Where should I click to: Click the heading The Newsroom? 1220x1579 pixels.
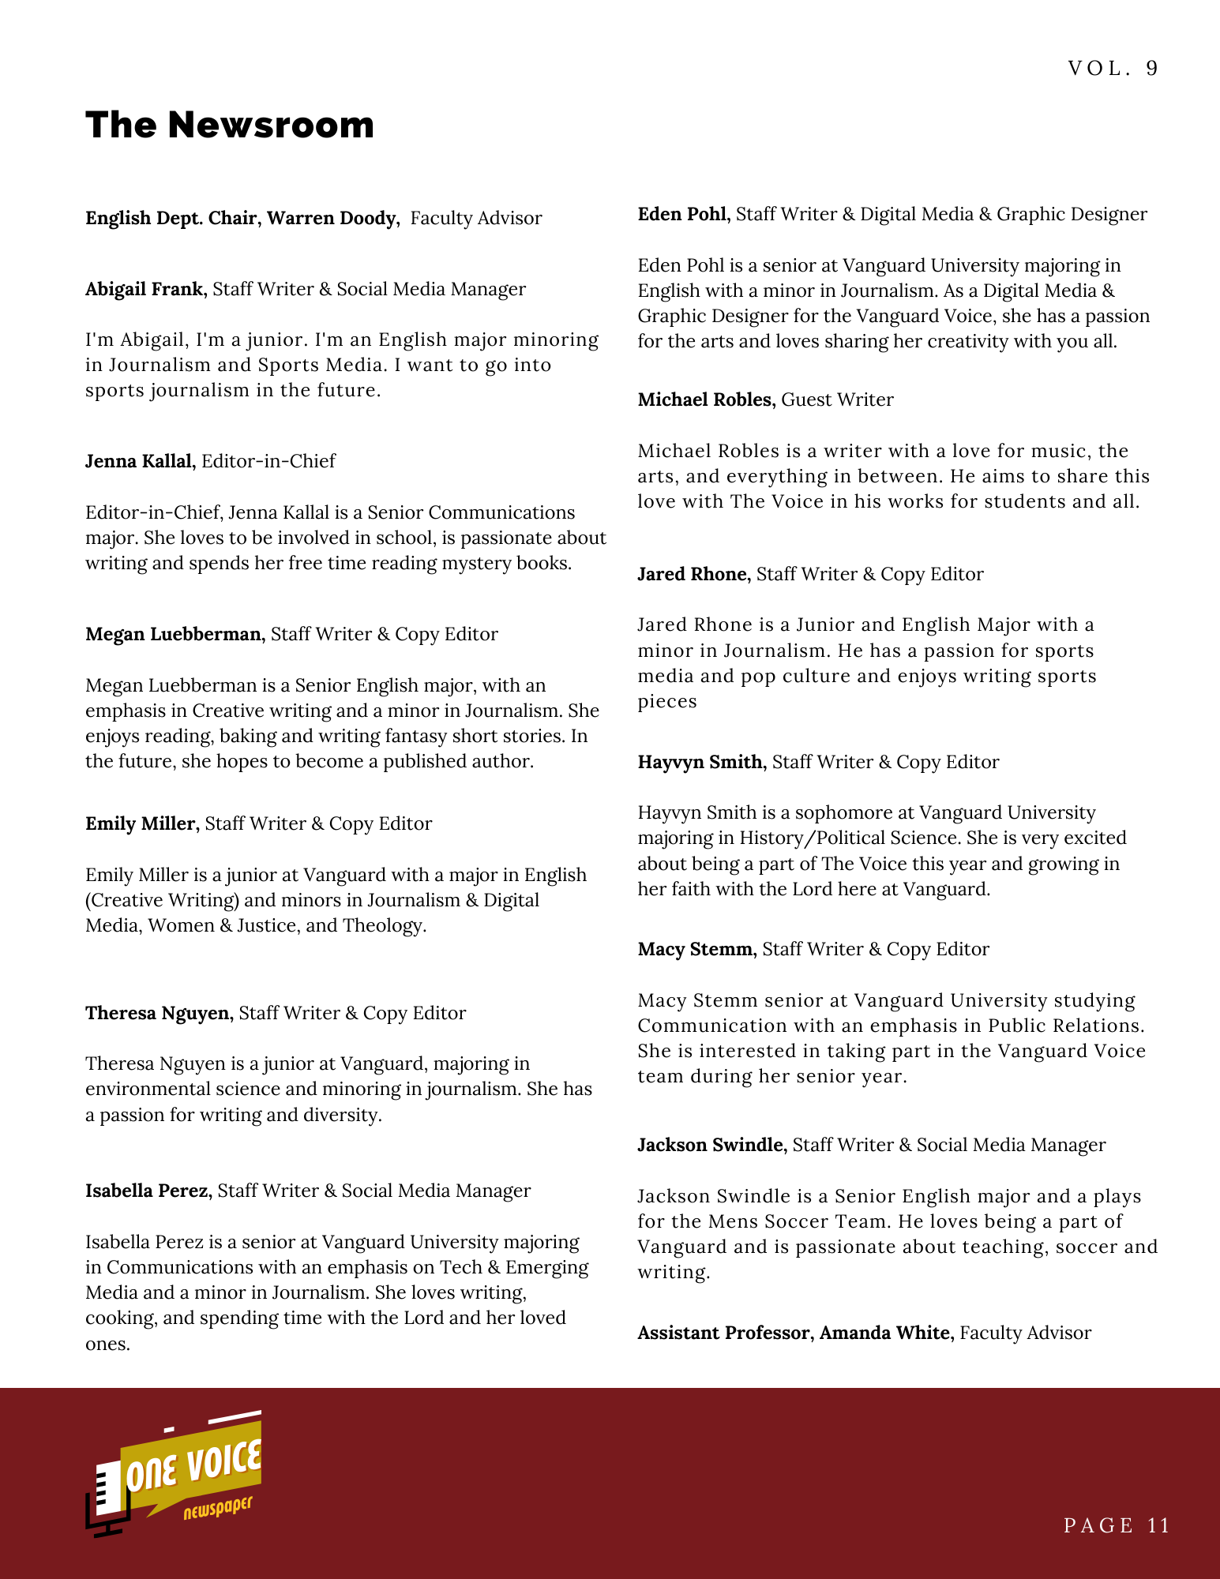(x=230, y=125)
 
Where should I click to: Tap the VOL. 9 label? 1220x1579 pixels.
(x=1113, y=69)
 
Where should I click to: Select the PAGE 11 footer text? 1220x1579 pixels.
(x=1117, y=1525)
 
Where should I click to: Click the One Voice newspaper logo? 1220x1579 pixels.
(x=175, y=1473)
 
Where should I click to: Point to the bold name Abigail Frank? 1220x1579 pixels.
(x=145, y=289)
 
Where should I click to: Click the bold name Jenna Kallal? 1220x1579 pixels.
(x=139, y=461)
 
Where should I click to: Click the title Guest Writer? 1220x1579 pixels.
(x=837, y=399)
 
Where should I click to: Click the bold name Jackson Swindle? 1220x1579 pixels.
(x=711, y=1145)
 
